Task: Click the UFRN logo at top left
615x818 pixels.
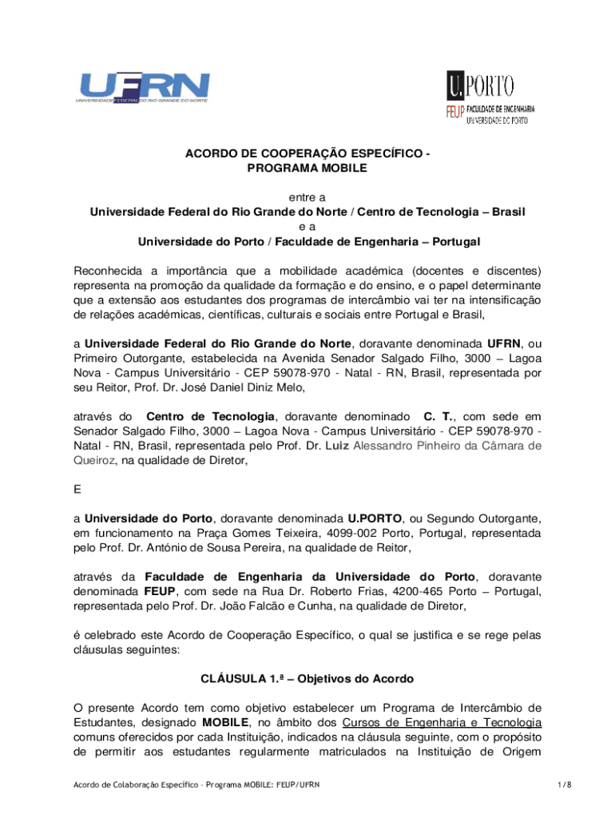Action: tap(144, 87)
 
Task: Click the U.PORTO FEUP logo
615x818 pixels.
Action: tap(490, 97)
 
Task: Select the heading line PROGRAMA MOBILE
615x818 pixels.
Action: tap(307, 169)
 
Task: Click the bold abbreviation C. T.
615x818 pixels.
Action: tap(438, 416)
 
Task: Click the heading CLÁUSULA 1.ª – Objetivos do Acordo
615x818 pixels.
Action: tap(307, 679)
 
